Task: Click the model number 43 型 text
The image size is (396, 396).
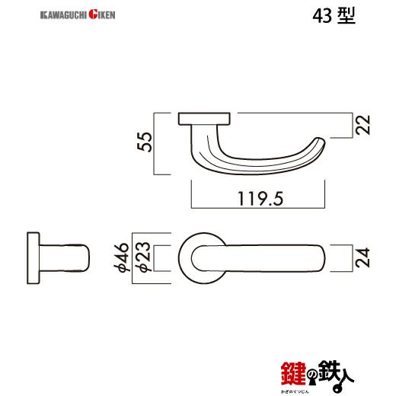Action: [333, 16]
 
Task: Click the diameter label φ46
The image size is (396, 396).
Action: [120, 258]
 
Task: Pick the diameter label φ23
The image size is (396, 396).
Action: [142, 258]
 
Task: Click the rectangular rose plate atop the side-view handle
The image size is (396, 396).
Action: [205, 118]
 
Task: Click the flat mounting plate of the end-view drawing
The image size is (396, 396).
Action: [32, 258]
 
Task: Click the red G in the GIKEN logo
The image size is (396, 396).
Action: [92, 14]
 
